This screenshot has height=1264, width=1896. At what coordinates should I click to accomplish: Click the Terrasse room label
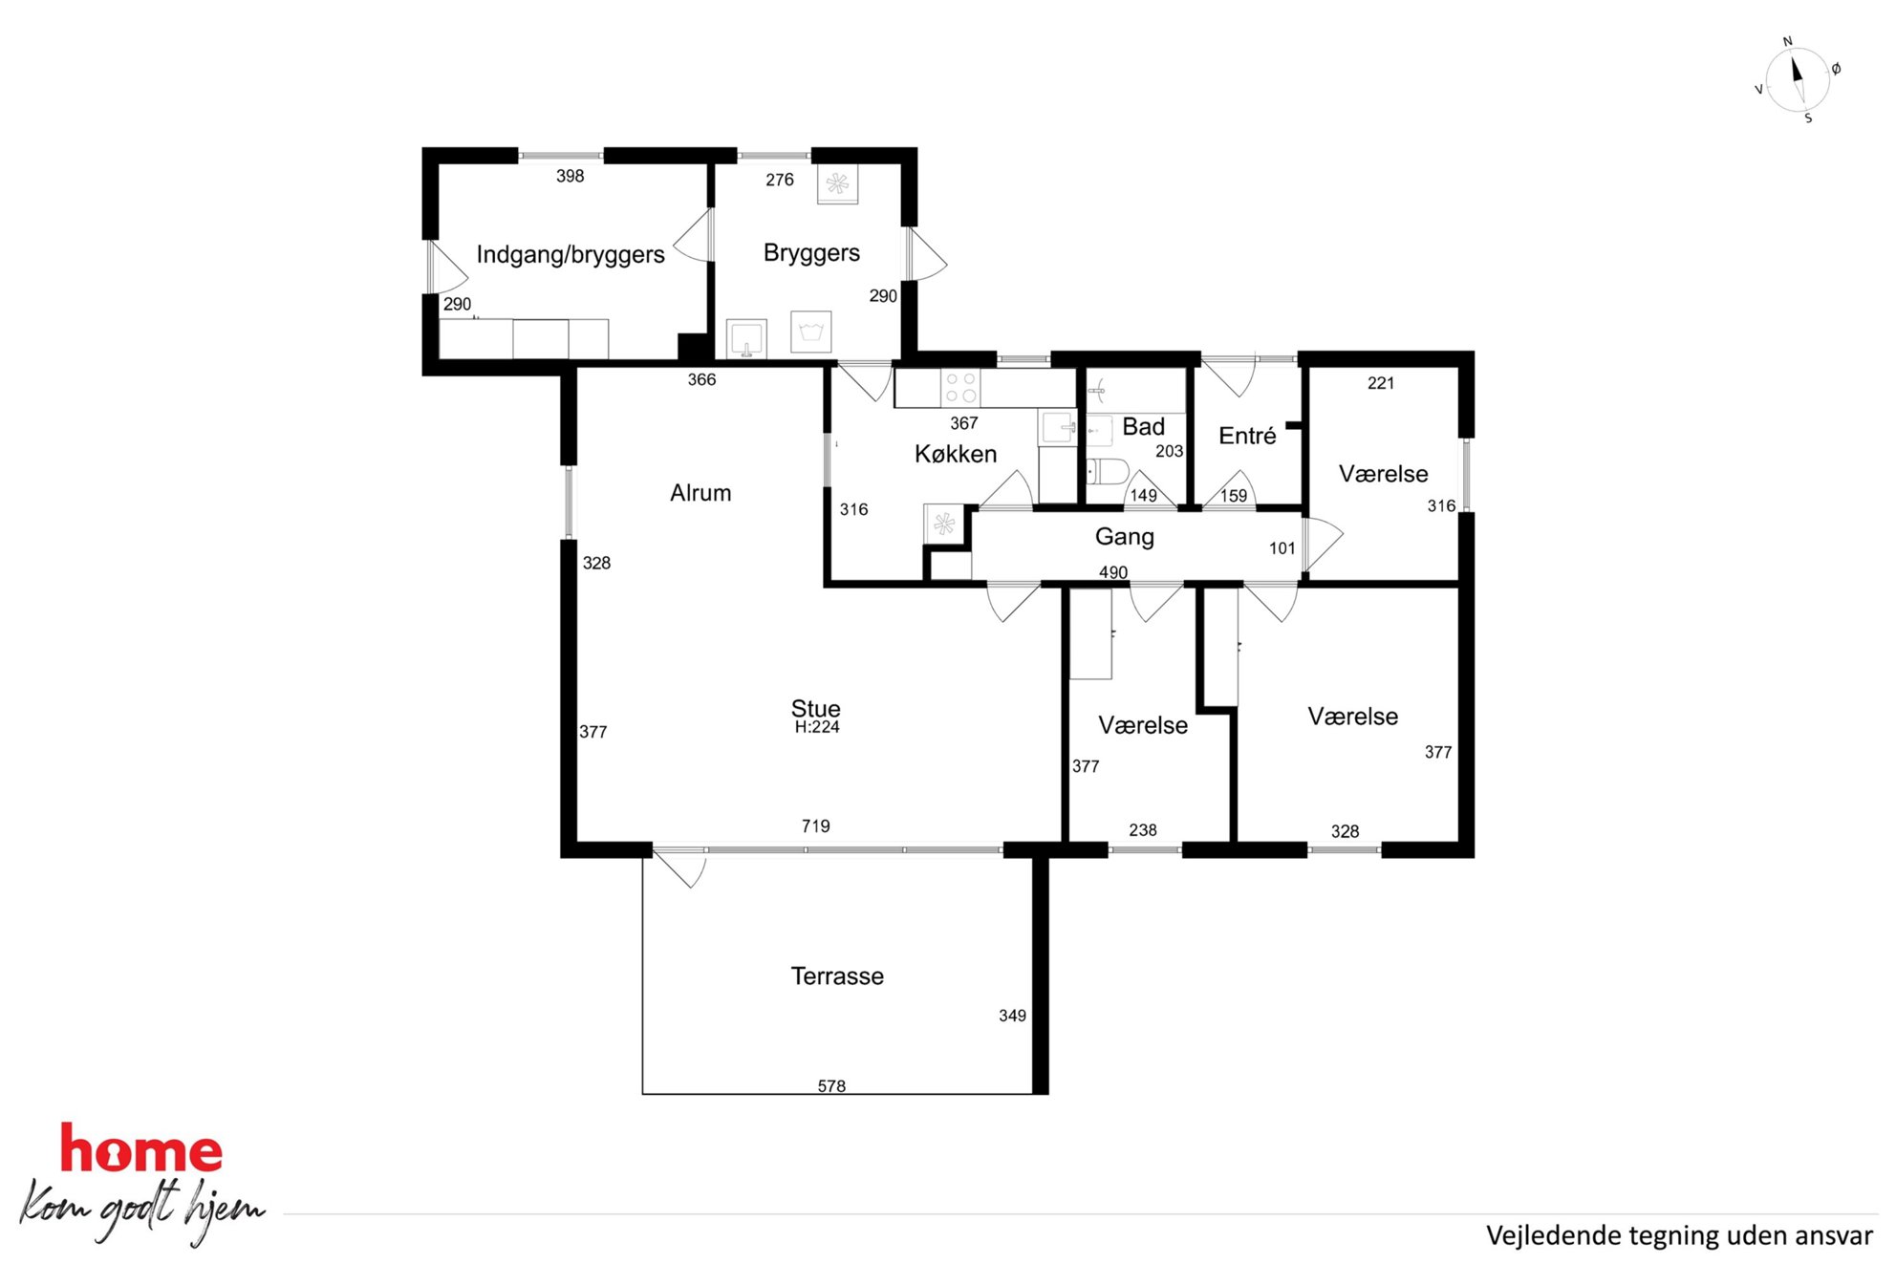(x=837, y=975)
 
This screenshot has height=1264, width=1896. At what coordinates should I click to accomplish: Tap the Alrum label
(x=700, y=493)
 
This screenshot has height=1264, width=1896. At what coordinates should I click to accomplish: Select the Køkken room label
(x=956, y=454)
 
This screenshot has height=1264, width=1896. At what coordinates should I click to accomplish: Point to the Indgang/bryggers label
(x=571, y=254)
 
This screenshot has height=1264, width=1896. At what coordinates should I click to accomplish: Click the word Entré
(x=1247, y=436)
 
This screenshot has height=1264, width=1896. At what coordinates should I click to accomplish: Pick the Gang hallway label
(x=1125, y=537)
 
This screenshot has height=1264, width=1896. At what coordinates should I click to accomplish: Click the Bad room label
(x=1143, y=426)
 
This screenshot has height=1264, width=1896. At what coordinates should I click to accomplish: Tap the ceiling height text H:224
(x=817, y=727)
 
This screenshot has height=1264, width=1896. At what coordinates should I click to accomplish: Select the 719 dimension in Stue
(x=815, y=826)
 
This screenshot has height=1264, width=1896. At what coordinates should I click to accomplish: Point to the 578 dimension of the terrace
(x=831, y=1086)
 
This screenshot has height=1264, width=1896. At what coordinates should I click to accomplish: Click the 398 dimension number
(x=570, y=176)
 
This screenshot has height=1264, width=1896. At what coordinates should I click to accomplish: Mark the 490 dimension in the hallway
(x=1113, y=572)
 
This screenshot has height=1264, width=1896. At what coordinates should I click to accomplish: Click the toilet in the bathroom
(x=1108, y=471)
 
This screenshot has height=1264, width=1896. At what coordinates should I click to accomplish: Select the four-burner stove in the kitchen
(x=960, y=388)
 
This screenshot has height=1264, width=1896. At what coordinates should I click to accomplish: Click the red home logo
(x=141, y=1148)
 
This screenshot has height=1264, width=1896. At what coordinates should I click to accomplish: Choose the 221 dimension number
(x=1381, y=383)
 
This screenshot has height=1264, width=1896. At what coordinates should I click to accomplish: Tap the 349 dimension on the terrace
(x=1012, y=1016)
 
